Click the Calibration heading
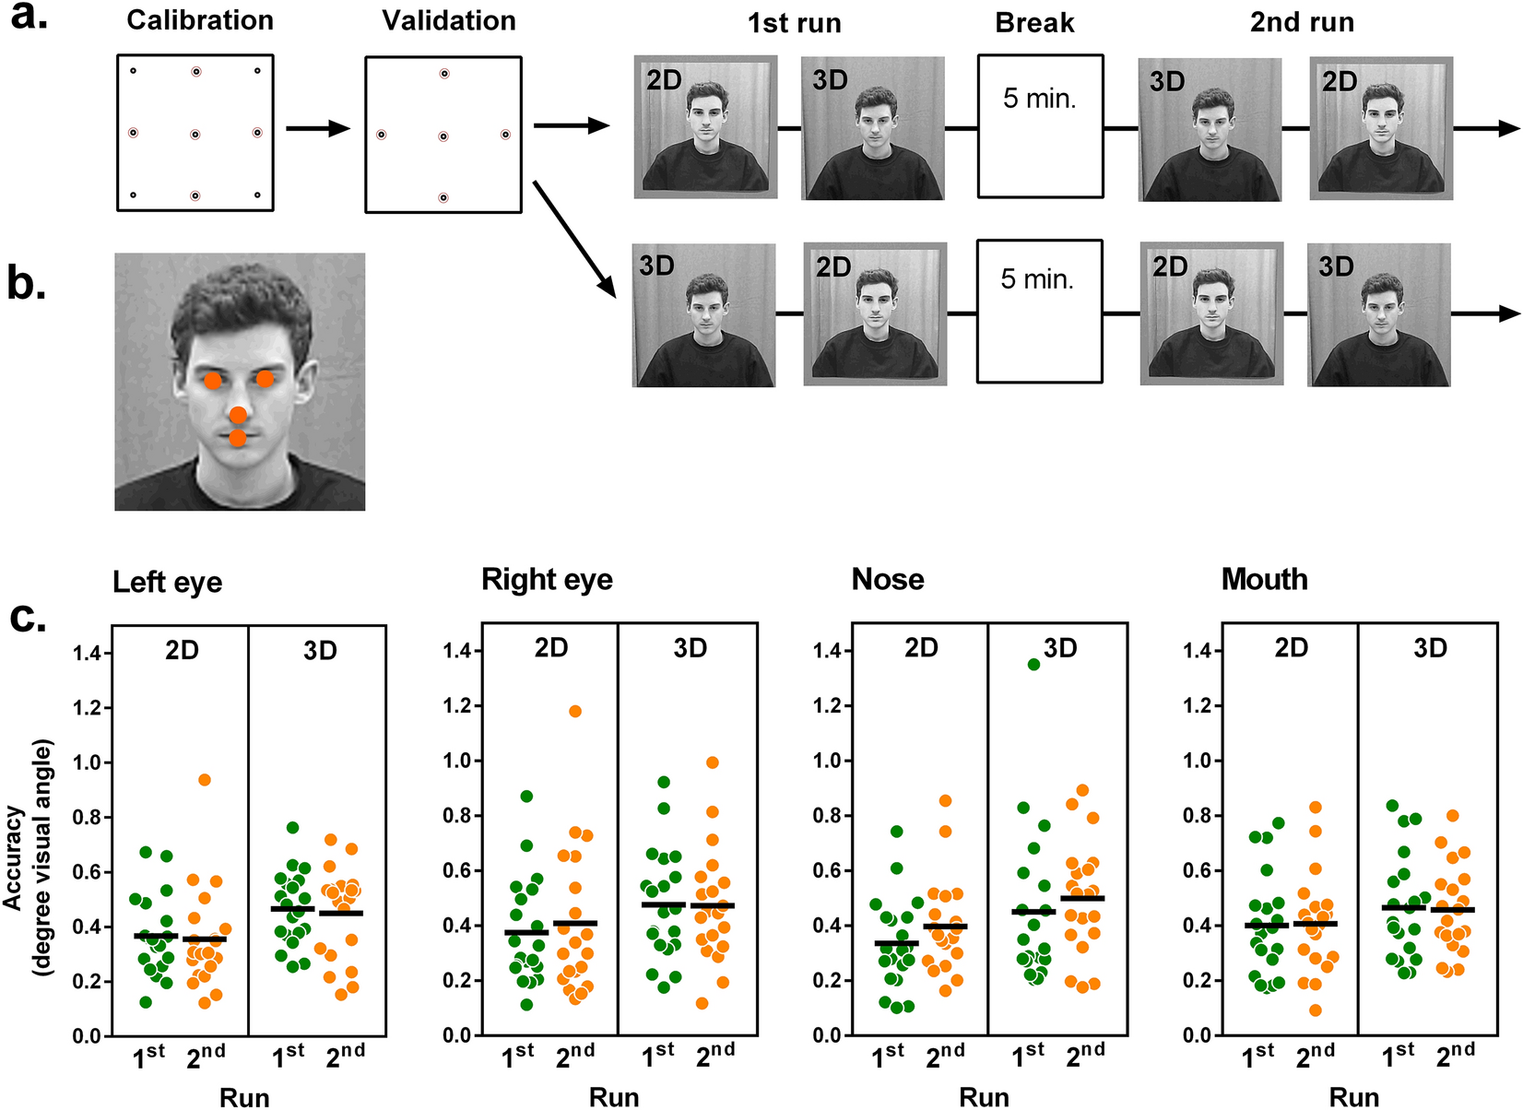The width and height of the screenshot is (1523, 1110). pos(199,20)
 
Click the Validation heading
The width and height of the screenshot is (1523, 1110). pos(449,20)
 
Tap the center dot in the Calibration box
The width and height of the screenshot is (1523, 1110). pos(195,135)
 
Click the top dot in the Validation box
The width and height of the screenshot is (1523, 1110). pos(443,74)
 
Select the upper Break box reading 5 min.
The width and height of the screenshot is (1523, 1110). pos(1040,126)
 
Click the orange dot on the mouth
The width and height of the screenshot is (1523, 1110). pos(238,438)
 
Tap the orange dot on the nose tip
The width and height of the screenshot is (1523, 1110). pos(239,415)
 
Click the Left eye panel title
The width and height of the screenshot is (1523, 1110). pos(167,583)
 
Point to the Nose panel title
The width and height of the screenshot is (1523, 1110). pos(888,579)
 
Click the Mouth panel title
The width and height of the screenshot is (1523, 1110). pos(1264,579)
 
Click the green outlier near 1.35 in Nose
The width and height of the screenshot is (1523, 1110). pos(1033,665)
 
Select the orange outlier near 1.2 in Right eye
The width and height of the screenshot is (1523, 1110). pos(575,711)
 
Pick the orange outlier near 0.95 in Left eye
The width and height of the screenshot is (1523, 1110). pos(205,780)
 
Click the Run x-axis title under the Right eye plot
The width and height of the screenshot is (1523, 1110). pos(614,1097)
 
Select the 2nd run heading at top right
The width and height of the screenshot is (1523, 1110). pos(1302,22)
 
